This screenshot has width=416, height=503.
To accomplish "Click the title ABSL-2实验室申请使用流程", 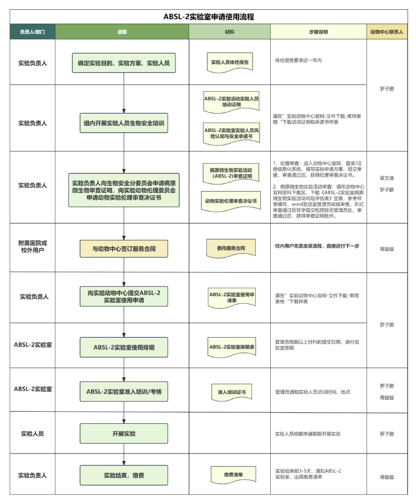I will [x=208, y=17].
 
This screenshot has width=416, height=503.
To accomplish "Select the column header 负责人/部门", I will [x=32, y=32].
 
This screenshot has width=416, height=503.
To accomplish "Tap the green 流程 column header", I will [x=122, y=32].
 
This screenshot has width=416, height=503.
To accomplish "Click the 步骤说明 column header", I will [x=318, y=32].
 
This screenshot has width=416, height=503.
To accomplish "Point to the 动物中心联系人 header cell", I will [x=386, y=32].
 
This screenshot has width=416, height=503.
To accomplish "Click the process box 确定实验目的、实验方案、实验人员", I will [x=124, y=63].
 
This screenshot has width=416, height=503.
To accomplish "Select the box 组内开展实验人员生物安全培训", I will [x=124, y=124].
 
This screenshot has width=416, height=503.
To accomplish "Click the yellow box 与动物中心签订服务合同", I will [x=124, y=249].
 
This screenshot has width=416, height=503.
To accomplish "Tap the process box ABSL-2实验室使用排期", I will [x=124, y=346].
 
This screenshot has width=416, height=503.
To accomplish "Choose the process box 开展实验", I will [x=124, y=433].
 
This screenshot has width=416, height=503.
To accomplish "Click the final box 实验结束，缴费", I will [x=124, y=475].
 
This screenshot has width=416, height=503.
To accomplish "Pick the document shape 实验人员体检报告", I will [x=230, y=62].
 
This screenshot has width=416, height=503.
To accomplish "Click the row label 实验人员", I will [x=32, y=433].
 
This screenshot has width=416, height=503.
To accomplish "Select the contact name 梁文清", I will [x=386, y=178].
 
